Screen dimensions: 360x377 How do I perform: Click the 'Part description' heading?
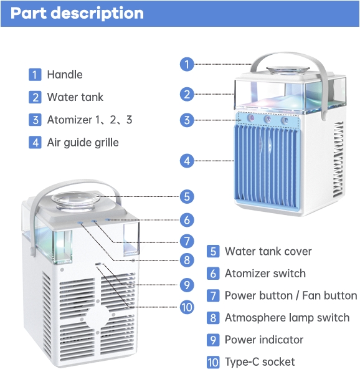(77, 13)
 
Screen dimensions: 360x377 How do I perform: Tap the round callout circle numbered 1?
(187, 64)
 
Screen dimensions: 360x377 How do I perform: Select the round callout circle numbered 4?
(187, 161)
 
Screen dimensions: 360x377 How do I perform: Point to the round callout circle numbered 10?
(187, 307)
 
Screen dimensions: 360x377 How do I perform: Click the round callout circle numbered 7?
(187, 241)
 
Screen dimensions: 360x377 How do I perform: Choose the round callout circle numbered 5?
(187, 196)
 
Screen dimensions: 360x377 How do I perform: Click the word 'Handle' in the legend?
(65, 75)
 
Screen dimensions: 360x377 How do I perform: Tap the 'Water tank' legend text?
(75, 97)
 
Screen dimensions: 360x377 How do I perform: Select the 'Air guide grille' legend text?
(83, 143)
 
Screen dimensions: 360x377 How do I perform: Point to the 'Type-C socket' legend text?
(260, 362)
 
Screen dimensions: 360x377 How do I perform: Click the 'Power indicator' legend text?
(264, 340)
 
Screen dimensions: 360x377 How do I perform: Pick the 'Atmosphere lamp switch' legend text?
(287, 318)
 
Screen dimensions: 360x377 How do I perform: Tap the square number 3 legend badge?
(35, 120)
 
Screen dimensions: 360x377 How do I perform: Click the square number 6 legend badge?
(213, 274)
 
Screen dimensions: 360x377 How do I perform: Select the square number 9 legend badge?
(213, 340)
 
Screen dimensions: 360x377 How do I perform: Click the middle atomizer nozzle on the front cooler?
(267, 118)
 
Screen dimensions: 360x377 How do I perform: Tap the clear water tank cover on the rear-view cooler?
(74, 201)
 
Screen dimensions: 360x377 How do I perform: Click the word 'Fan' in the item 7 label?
(311, 296)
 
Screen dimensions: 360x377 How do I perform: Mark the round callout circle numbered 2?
(187, 94)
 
